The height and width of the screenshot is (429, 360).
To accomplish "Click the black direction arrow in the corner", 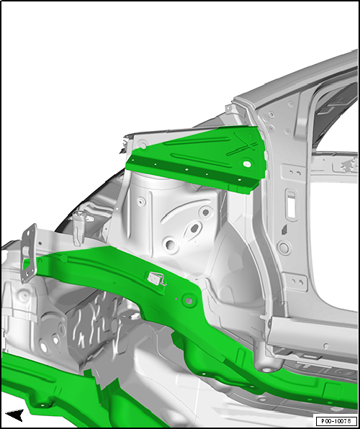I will click(x=14, y=415).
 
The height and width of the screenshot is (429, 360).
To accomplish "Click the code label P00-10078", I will click(x=335, y=421).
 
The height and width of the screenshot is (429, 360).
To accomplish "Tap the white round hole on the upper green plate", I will click(x=247, y=164).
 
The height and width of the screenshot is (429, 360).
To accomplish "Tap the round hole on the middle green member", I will click(x=189, y=298).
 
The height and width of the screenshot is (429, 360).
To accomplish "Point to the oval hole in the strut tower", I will click(x=193, y=232).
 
